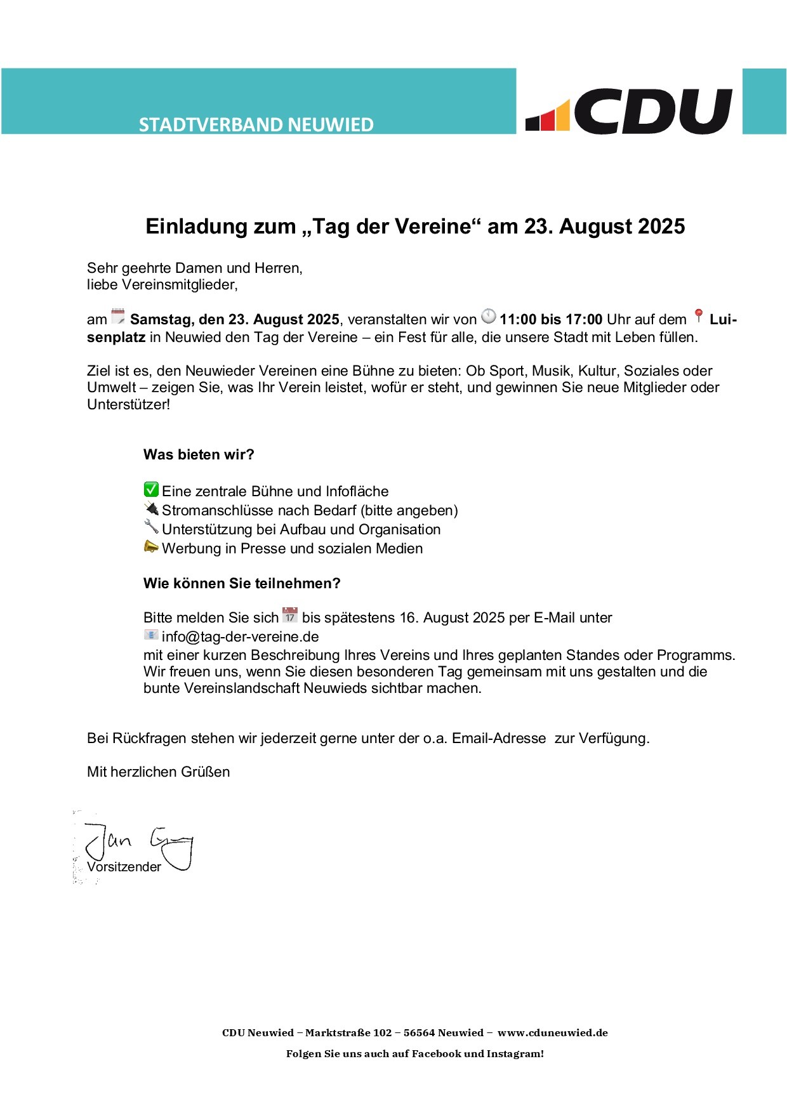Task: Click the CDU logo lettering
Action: point(654,111)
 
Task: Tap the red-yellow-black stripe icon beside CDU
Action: point(548,116)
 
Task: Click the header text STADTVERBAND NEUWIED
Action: point(256,124)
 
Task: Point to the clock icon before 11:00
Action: point(488,316)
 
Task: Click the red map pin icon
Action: point(699,316)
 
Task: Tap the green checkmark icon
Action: point(151,489)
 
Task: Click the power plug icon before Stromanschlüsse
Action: point(151,508)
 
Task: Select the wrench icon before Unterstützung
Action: point(151,527)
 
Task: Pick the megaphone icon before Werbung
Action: point(151,546)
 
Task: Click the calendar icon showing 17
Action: point(290,615)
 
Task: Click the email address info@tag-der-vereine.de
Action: point(240,636)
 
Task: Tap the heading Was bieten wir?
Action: point(199,454)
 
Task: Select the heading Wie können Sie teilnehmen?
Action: point(242,583)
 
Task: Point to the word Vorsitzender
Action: point(124,867)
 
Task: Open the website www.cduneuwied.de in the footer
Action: point(552,1032)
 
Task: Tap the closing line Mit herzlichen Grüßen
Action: point(159,772)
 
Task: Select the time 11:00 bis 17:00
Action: point(551,320)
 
